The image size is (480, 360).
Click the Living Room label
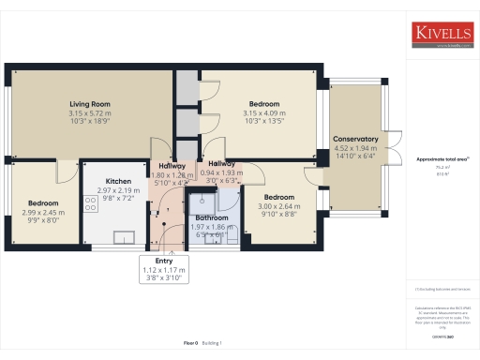coord(90,104)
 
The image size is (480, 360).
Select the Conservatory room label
coord(355,139)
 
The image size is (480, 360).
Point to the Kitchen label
coord(117,181)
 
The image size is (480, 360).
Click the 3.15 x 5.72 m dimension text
coord(90,113)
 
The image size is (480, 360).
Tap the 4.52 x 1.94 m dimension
coord(355,147)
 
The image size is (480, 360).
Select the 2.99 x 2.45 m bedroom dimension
coord(43,212)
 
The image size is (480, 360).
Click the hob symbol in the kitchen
coord(92,202)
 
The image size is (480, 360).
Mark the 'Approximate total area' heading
coord(441,159)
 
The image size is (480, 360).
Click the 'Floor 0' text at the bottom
coord(190,345)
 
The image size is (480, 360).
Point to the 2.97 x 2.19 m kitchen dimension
coord(117,190)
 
